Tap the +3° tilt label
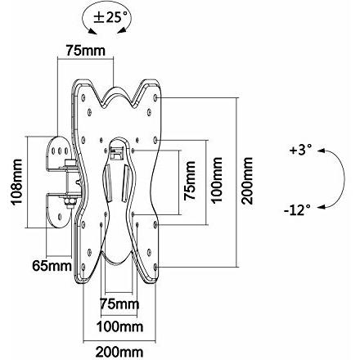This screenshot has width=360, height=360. (300, 151)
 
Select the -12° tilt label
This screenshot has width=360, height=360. (297, 210)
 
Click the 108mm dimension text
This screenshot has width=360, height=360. (16, 182)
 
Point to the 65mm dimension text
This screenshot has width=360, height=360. (52, 265)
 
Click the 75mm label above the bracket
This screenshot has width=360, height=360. (85, 51)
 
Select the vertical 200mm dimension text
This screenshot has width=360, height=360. (248, 181)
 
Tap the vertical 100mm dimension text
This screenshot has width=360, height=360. (218, 180)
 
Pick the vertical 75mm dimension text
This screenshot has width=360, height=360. (190, 181)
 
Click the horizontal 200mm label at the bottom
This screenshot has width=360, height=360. (119, 352)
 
